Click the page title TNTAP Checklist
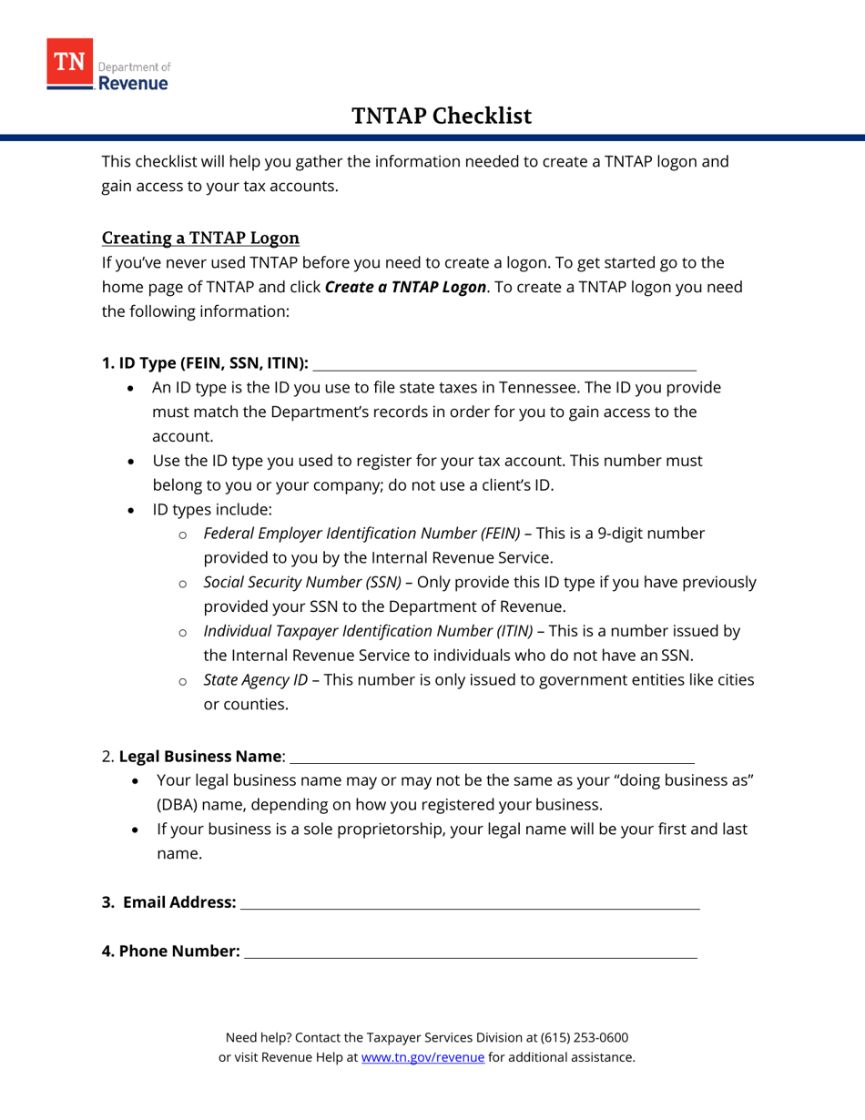[x=442, y=116]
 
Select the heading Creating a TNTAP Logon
[x=200, y=239]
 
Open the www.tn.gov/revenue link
[x=422, y=1057]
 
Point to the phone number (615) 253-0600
[x=584, y=1037]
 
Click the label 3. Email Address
[x=168, y=902]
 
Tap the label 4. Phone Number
[x=170, y=952]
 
